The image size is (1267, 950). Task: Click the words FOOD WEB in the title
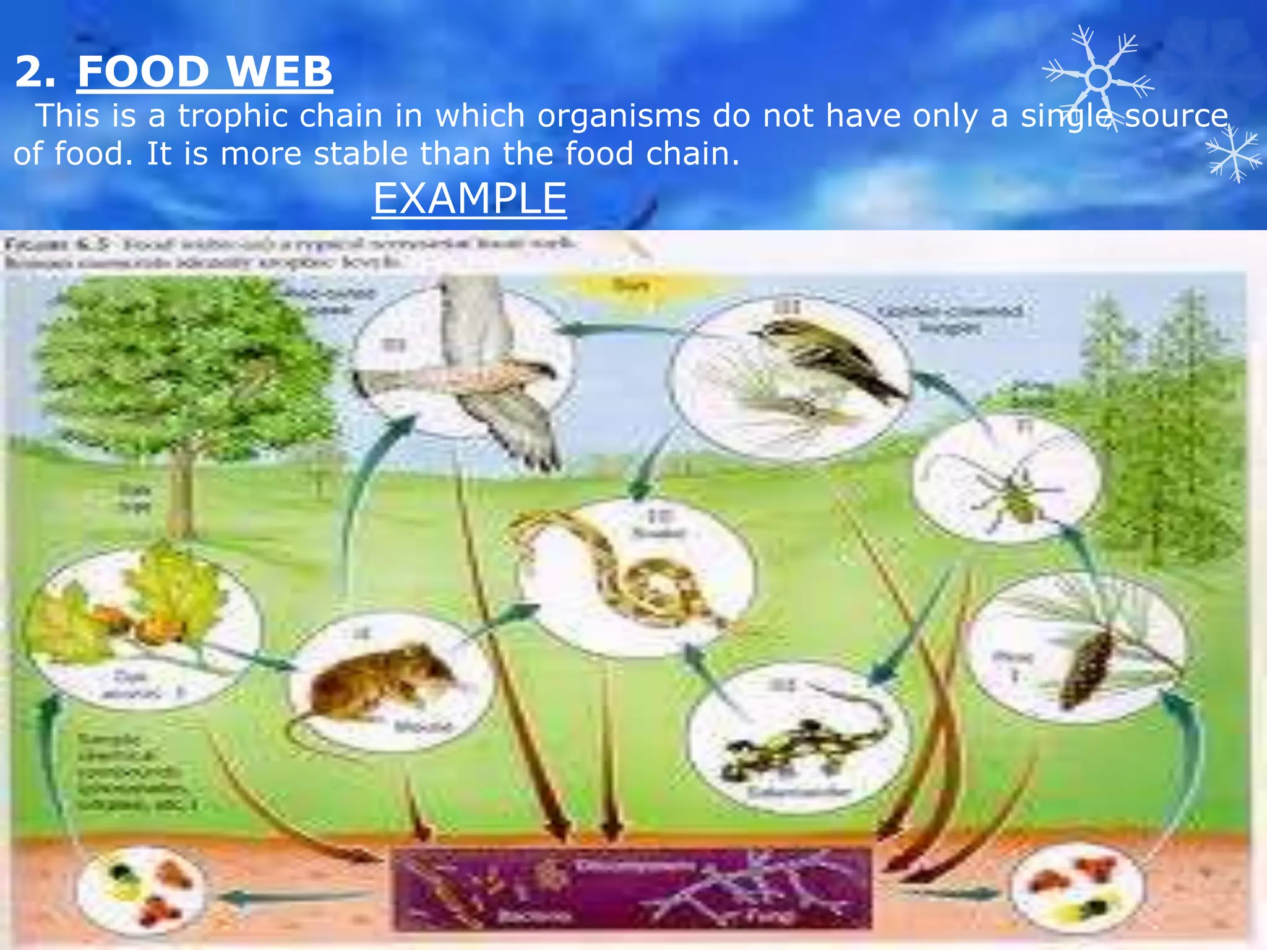[205, 71]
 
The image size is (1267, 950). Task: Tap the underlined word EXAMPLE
[470, 199]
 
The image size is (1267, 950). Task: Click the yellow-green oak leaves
[167, 594]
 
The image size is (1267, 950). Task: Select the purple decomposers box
[631, 889]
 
